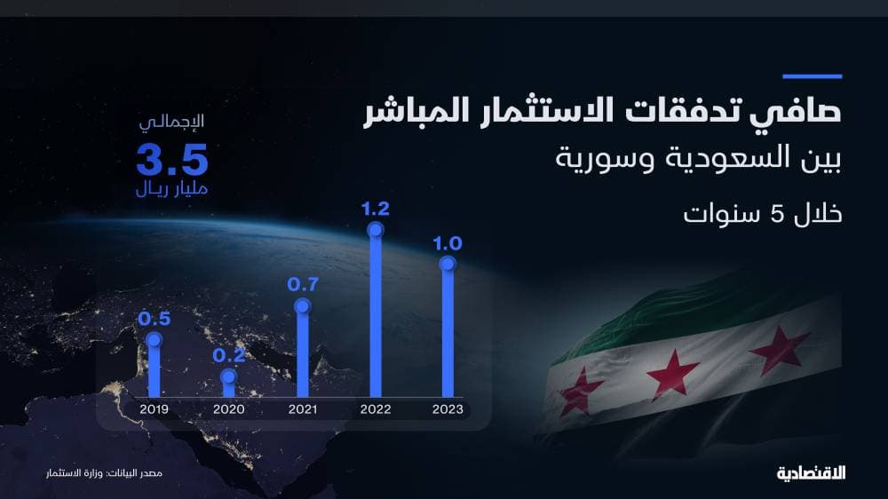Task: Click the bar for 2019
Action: coord(155,368)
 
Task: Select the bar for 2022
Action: coord(375,315)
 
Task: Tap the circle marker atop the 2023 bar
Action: coord(447,264)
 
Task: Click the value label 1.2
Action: coord(376,210)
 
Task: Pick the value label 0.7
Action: coord(302,285)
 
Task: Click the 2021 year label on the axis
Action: coord(302,409)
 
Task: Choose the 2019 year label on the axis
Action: coord(155,409)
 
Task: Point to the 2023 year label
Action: coord(447,409)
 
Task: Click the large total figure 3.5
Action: coord(172,160)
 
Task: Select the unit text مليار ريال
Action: coord(172,189)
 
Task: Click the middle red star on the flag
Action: coord(672,373)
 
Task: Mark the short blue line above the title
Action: coord(812,76)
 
